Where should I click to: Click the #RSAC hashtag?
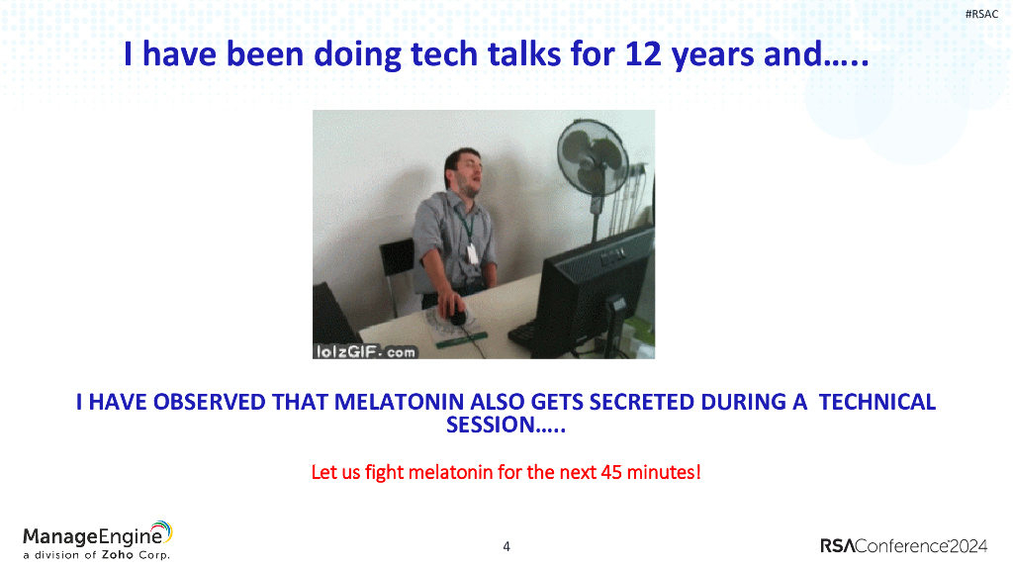coord(981,14)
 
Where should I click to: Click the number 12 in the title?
coord(643,53)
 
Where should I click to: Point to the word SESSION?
coord(491,425)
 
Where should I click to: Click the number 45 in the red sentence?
coord(611,472)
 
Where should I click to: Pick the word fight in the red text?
coord(385,472)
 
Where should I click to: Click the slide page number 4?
coord(506,546)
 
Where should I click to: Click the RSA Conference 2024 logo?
coord(903,546)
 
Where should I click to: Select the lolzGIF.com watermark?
coord(365,351)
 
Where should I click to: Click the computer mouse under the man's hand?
coord(457,318)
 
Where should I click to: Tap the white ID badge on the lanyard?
coord(472,252)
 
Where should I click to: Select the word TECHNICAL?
coord(876,402)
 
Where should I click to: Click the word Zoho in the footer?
coord(117,555)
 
